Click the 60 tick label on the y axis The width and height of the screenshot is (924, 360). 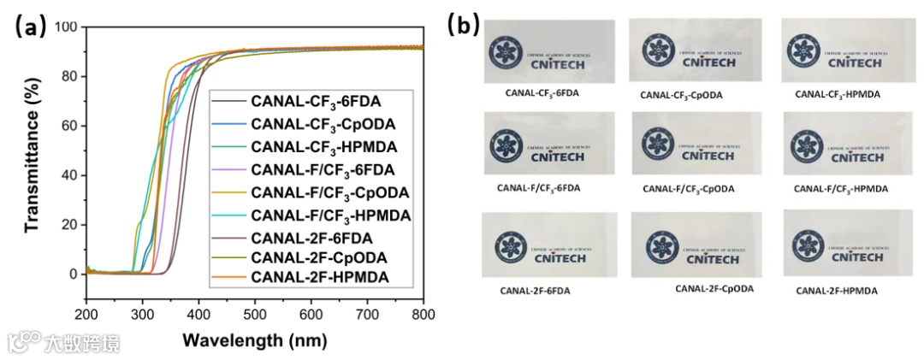[69, 126]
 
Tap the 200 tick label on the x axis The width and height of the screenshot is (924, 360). [86, 314]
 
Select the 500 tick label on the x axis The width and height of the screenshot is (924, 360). [255, 314]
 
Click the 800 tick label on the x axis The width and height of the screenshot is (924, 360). [423, 314]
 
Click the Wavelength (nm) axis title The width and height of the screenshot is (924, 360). [254, 340]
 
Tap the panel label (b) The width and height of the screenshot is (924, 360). [463, 26]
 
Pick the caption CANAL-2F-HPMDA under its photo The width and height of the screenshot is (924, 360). [836, 291]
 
